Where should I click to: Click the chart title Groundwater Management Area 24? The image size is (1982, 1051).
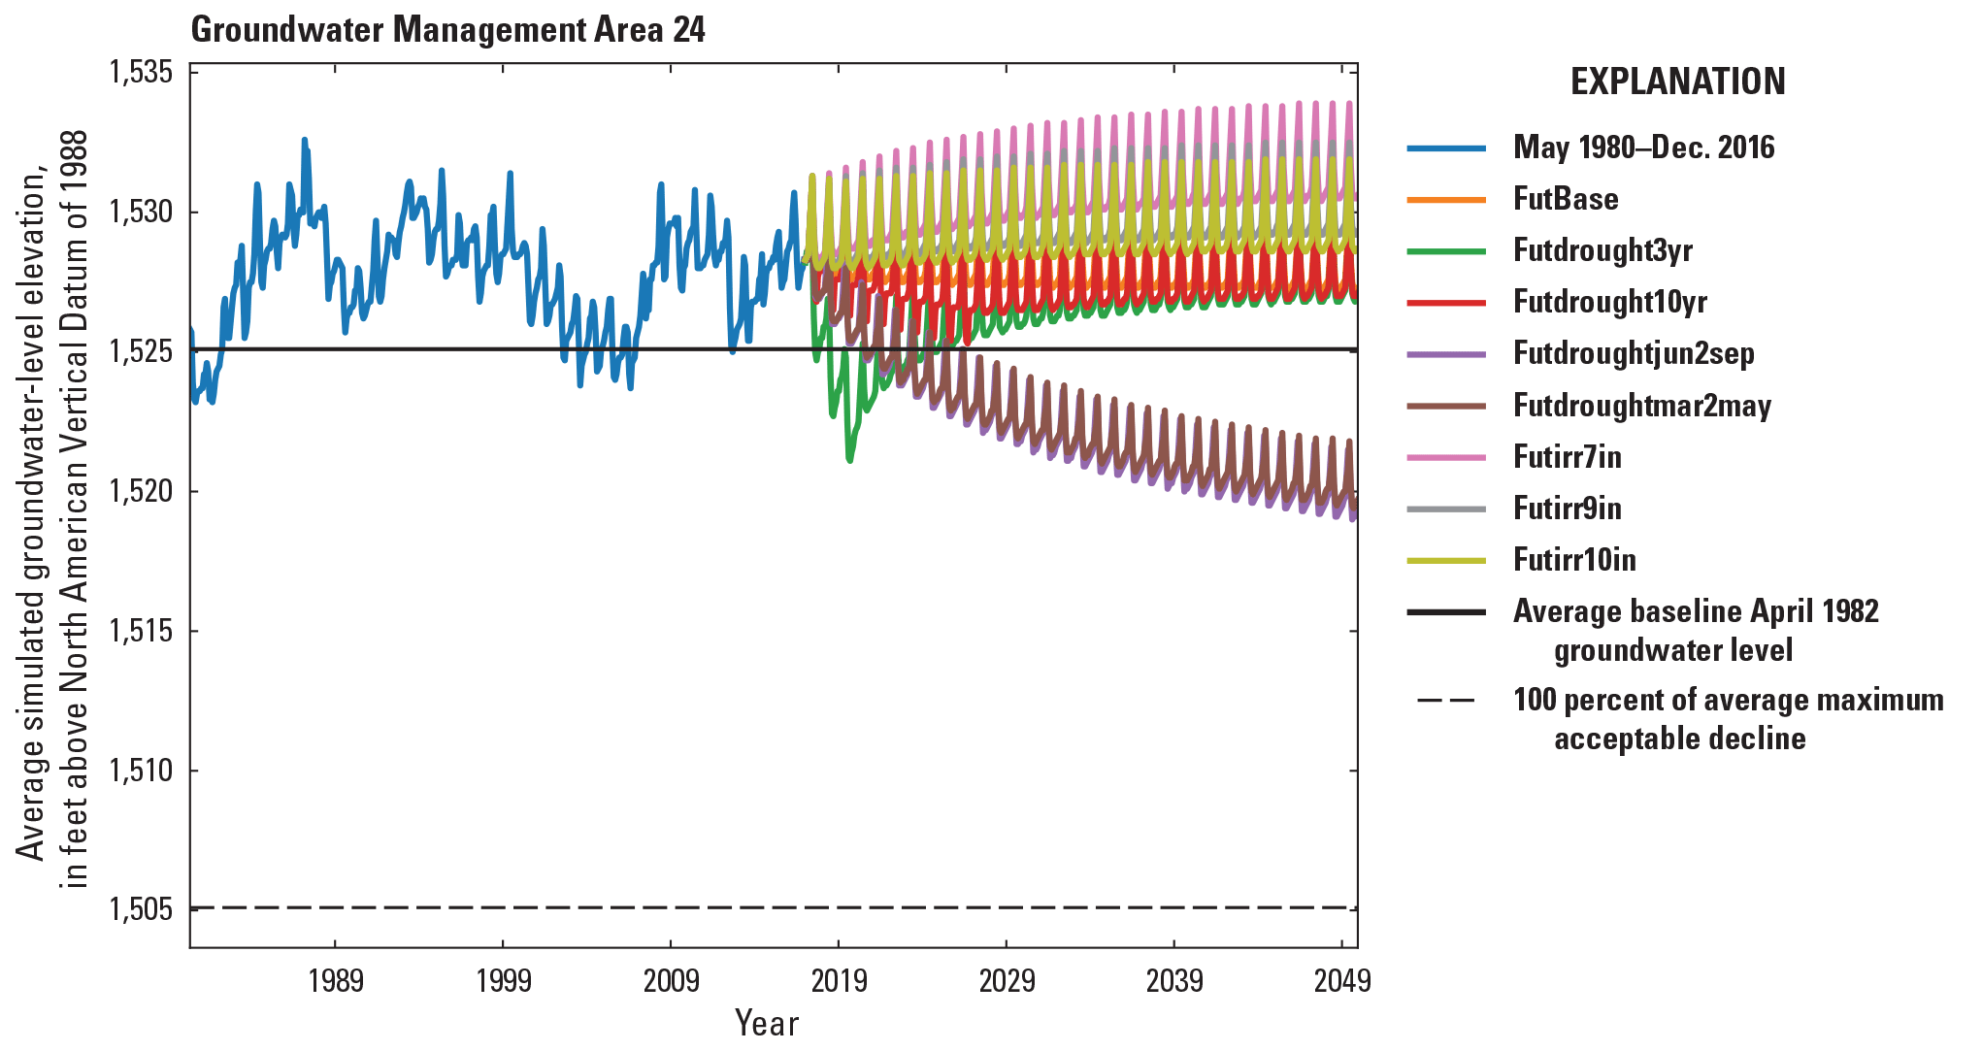447,29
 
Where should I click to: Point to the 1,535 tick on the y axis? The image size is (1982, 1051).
141,73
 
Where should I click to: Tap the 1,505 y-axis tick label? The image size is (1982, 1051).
141,909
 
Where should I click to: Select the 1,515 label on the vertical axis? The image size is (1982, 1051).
141,631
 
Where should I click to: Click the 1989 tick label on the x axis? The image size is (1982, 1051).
336,981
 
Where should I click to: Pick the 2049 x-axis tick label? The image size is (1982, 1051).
1342,981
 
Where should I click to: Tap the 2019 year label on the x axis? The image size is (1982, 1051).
839,981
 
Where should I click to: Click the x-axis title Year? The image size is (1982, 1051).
766,1024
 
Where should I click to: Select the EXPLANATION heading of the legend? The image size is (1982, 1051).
1677,82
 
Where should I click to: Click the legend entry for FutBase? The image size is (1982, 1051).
1566,199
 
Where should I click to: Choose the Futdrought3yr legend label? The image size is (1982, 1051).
1602,250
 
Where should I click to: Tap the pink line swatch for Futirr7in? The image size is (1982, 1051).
1446,457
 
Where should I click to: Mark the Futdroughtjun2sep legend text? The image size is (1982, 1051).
1634,353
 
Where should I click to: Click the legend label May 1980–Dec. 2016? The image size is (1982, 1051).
1643,148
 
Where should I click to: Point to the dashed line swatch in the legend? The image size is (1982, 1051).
1446,701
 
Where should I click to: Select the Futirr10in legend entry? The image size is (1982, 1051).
1574,560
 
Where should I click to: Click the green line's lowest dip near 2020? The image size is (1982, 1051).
850,460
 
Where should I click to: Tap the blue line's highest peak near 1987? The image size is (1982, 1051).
304,140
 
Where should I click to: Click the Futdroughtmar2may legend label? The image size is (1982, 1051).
1642,406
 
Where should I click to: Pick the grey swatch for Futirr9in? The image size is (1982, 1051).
1446,509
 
